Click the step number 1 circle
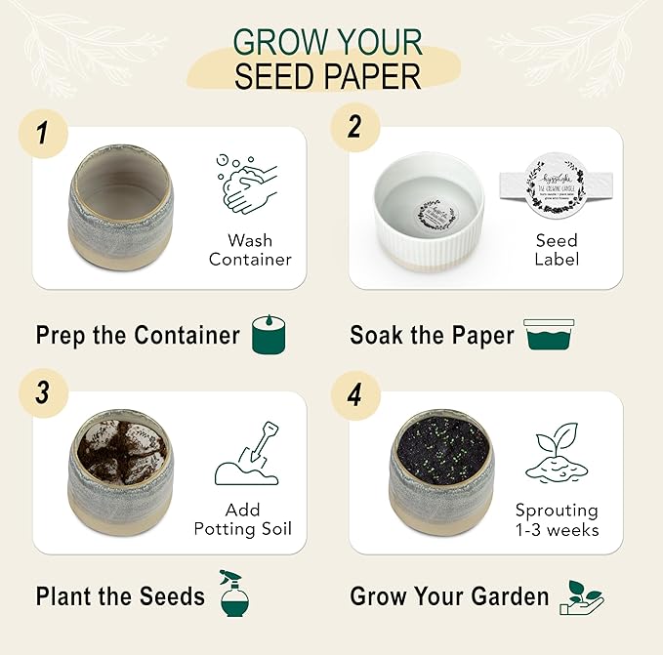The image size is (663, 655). tap(41, 133)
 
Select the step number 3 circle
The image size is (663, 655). tap(41, 393)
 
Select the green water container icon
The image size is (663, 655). tap(549, 334)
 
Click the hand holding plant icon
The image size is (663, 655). tap(582, 596)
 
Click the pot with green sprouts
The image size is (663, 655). tap(441, 472)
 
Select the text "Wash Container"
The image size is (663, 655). tap(250, 250)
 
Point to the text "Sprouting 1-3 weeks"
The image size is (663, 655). tap(557, 520)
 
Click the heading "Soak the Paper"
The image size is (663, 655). tap(432, 336)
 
